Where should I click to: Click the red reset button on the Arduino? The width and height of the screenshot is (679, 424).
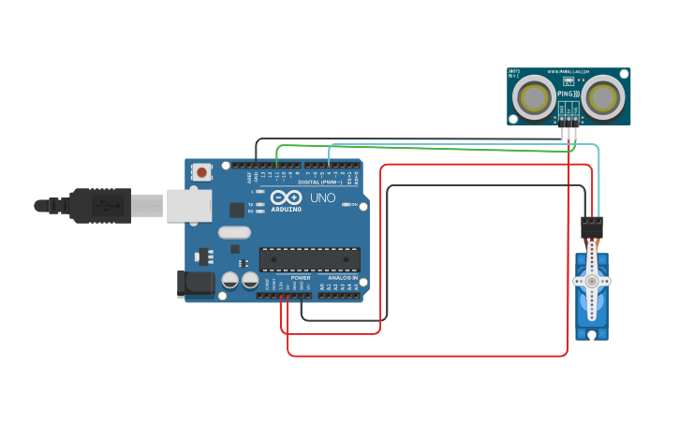[x=201, y=171]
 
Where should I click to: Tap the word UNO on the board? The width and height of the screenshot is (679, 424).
[x=322, y=198]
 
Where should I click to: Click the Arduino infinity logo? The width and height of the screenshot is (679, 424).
[x=286, y=197]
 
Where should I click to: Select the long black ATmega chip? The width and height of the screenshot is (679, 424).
[x=309, y=258]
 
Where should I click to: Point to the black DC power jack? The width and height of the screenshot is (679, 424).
[x=192, y=284]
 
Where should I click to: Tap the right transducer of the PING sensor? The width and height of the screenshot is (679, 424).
[x=604, y=96]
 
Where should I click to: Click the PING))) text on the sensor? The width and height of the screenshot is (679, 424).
[x=568, y=95]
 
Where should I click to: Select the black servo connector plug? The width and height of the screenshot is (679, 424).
[x=591, y=227]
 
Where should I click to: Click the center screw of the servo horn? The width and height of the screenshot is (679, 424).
[x=591, y=281]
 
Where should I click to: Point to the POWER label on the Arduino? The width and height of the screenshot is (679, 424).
[x=300, y=278]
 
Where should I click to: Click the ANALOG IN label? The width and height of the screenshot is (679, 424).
[x=342, y=278]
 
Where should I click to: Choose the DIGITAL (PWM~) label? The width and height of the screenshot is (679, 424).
[x=318, y=181]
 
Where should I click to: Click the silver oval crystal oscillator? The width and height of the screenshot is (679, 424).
[x=235, y=232]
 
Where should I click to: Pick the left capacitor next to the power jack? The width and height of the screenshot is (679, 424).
[x=229, y=280]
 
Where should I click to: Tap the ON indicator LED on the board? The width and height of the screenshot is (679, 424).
[x=353, y=204]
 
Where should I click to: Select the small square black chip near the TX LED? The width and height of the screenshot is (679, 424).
[x=237, y=211]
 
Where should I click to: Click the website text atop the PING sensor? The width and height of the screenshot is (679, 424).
[x=568, y=72]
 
